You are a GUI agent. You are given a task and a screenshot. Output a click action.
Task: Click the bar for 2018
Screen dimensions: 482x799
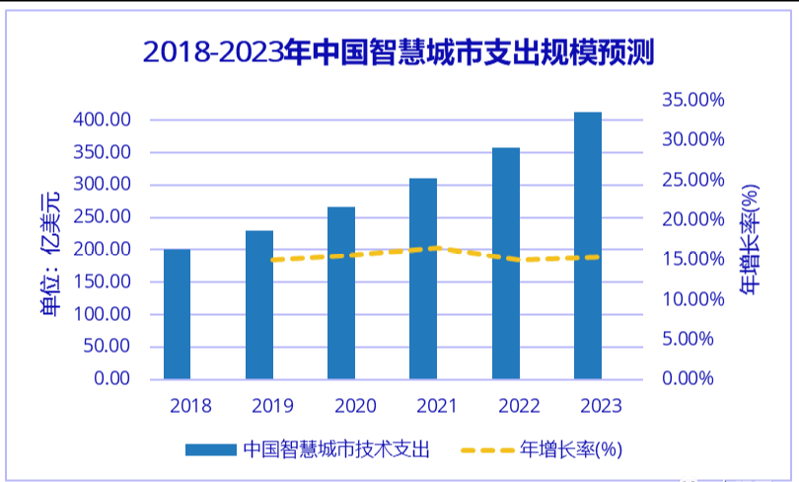177,314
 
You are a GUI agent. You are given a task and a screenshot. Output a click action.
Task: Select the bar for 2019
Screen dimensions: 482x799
259,304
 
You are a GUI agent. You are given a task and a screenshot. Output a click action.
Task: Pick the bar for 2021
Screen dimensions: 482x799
423,279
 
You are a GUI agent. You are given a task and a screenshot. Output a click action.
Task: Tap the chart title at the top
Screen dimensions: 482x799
399,50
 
